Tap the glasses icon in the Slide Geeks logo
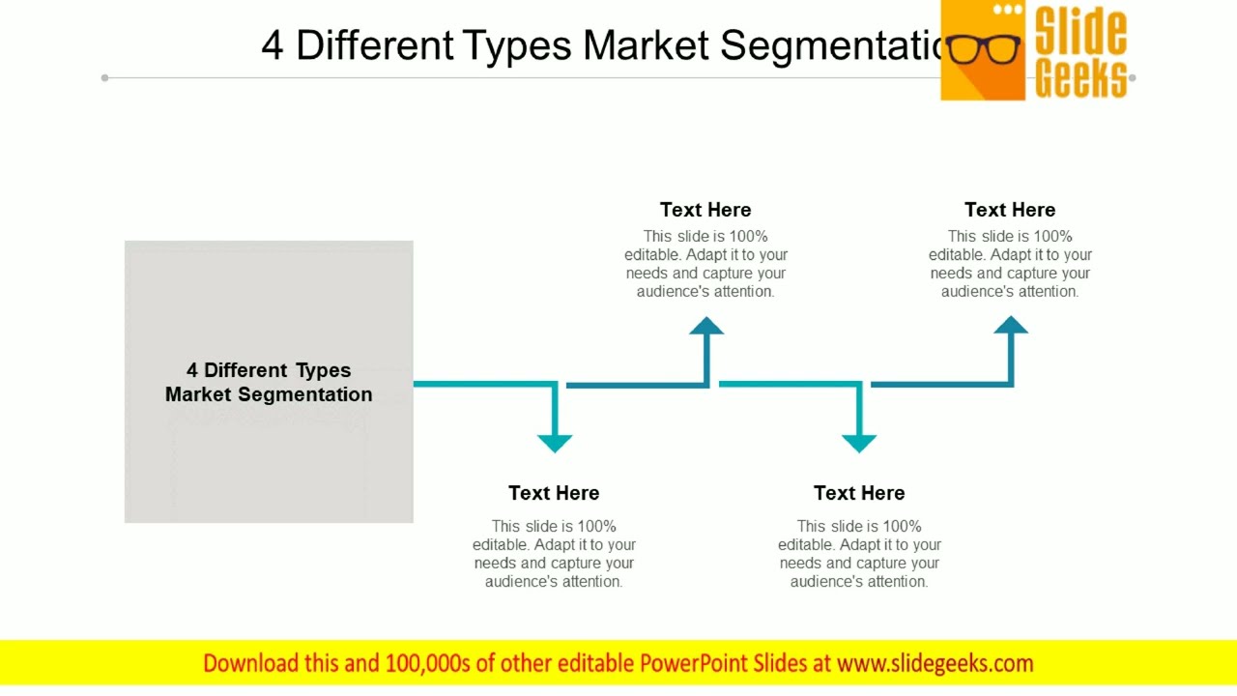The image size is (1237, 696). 984,49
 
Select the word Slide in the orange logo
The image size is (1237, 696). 1080,31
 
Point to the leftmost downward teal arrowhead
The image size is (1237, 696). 555,443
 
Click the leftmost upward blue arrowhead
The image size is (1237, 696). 706,327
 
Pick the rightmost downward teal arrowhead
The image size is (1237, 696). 859,443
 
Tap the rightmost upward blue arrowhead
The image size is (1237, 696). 1011,327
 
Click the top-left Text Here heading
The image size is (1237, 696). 705,210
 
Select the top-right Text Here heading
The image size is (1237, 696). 1010,210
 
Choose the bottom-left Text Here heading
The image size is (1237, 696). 554,493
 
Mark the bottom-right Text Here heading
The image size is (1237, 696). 859,493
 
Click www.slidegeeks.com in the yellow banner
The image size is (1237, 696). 935,663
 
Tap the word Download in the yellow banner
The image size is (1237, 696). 251,663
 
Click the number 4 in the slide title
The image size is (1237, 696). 273,45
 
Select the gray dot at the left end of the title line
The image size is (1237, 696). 104,77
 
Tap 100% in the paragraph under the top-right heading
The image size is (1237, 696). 1052,236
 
